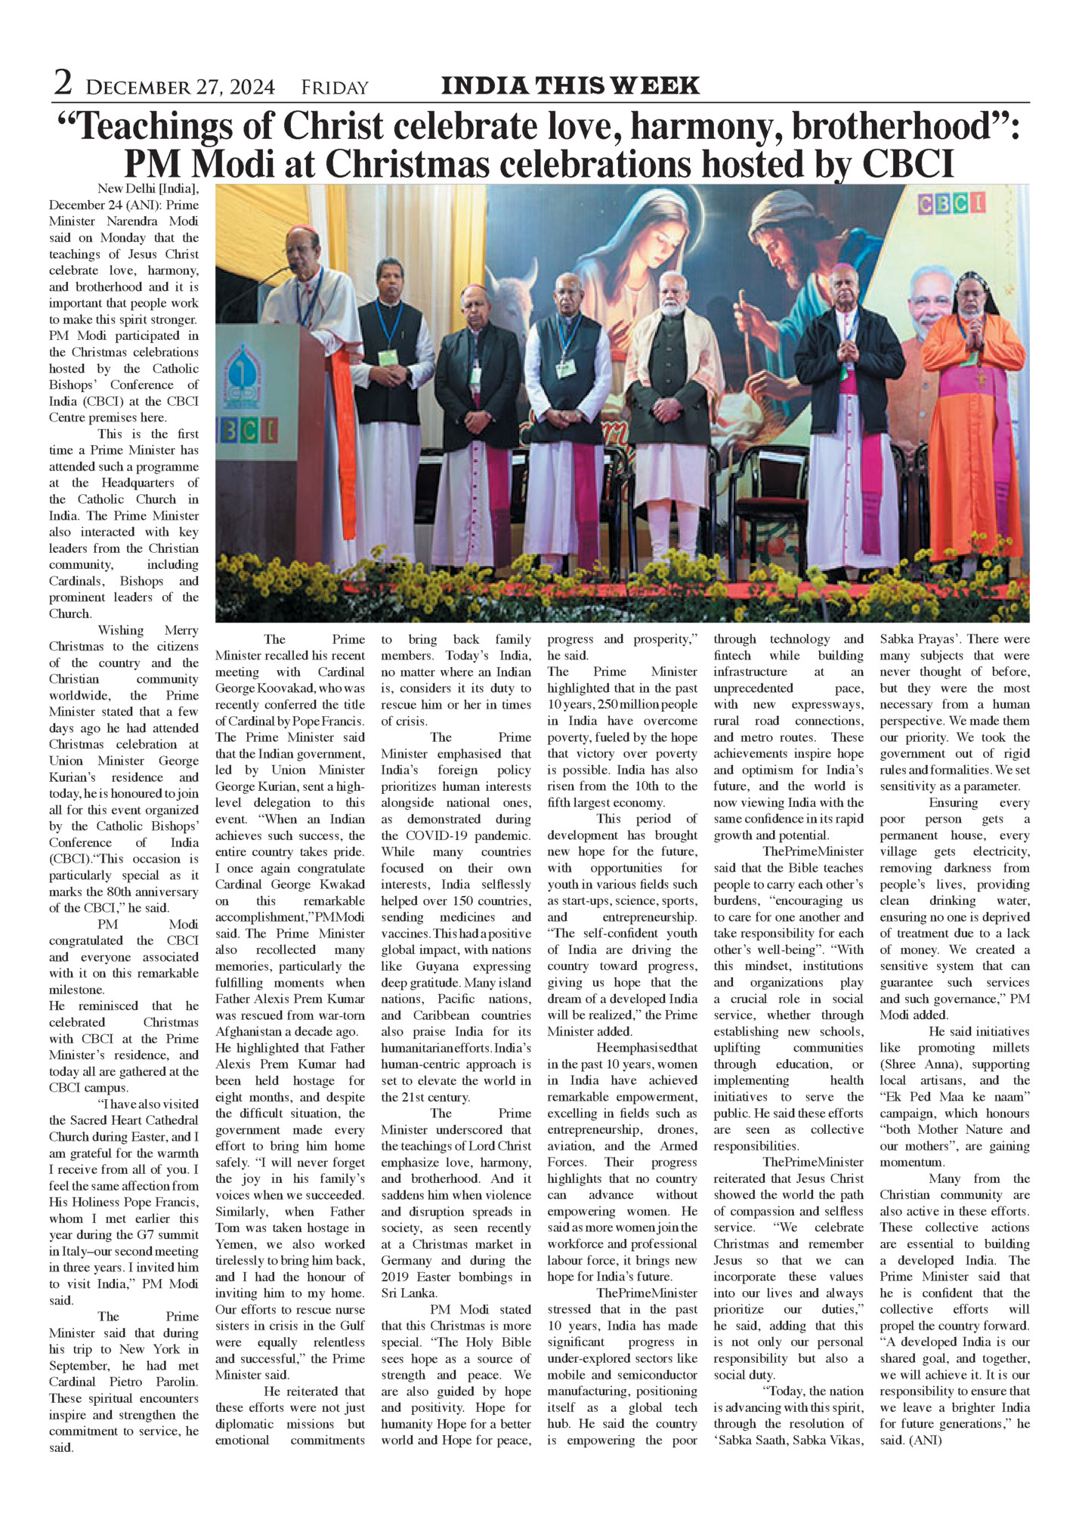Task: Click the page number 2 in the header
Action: [63, 83]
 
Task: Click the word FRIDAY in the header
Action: [334, 88]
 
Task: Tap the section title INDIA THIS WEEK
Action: [570, 85]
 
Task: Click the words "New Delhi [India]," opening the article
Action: [148, 188]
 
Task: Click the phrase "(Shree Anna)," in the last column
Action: [916, 1064]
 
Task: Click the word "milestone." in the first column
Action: [77, 990]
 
